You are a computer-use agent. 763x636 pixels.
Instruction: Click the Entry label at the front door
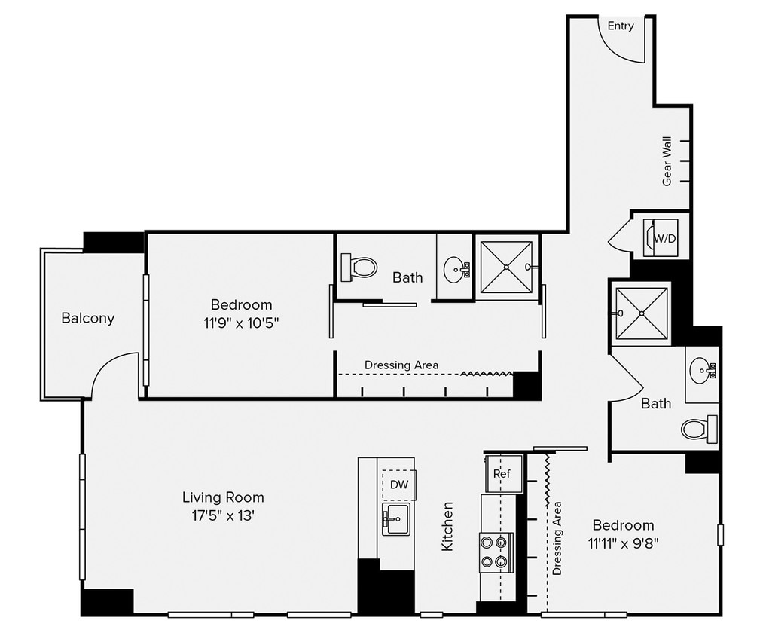tap(621, 26)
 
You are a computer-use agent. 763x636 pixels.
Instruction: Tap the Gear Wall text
tap(667, 161)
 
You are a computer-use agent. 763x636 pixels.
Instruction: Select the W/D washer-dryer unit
tap(663, 238)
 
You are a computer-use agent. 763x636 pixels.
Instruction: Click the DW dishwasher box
tap(398, 485)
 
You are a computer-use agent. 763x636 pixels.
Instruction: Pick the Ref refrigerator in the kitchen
tap(501, 474)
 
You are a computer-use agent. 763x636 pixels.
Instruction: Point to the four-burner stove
tap(496, 552)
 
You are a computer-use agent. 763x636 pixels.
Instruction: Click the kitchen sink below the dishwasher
tap(396, 519)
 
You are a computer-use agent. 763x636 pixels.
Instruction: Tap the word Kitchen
tap(447, 526)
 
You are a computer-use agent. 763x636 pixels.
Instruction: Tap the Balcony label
tap(88, 318)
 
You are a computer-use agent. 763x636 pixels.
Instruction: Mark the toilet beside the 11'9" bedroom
tap(359, 267)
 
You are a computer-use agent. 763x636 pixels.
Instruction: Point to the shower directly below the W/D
tap(640, 312)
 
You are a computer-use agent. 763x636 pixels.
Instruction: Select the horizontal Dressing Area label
tap(401, 365)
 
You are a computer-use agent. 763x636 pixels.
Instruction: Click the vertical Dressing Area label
tap(557, 538)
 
